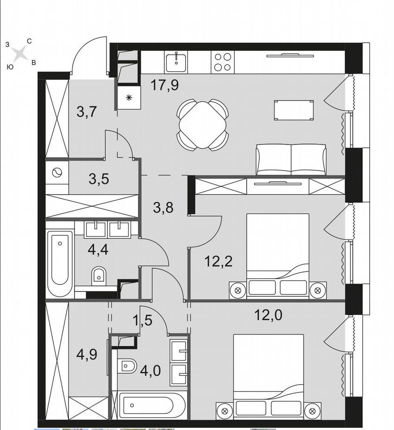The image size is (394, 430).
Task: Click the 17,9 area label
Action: [165, 85]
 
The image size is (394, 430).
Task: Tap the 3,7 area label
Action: [87, 112]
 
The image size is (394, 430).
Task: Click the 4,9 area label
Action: [87, 354]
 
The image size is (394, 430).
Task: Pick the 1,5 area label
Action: [142, 320]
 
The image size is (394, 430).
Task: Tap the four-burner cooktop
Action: [223, 62]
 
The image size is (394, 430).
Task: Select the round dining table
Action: [203, 125]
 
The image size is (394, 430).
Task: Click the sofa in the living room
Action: [291, 159]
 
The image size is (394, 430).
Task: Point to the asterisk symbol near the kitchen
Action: [129, 98]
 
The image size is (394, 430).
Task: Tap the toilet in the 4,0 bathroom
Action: [126, 366]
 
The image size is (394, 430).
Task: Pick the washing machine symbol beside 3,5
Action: [57, 173]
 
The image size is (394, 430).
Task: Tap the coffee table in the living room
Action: [294, 110]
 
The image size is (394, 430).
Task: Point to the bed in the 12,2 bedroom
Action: [278, 256]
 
